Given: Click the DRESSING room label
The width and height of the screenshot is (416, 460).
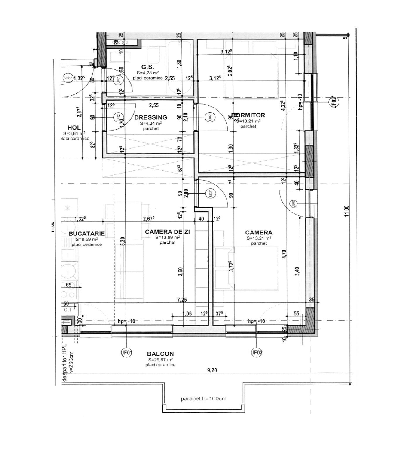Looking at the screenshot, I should (151, 117).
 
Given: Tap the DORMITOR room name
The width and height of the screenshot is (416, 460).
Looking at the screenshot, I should (248, 115).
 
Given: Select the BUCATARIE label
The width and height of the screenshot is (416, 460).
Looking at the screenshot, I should (87, 234).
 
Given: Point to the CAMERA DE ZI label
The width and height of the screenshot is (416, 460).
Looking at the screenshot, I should (168, 232).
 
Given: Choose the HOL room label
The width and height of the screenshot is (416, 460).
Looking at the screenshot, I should (74, 128).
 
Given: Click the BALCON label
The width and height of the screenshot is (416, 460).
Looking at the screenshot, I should (160, 354).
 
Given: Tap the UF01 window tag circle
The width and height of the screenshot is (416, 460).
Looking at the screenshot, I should (126, 353).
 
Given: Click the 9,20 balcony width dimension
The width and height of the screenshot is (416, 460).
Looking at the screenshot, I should (212, 370).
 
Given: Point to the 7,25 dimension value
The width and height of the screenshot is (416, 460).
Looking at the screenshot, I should (182, 300).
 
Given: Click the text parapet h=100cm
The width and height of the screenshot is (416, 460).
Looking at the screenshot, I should (203, 399).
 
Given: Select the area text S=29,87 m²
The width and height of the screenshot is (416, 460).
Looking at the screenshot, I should (160, 360).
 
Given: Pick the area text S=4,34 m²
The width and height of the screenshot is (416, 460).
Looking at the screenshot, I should (151, 123).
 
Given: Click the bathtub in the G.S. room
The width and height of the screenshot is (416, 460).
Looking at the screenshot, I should (180, 67).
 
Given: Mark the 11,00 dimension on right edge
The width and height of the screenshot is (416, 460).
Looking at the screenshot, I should (347, 211).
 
